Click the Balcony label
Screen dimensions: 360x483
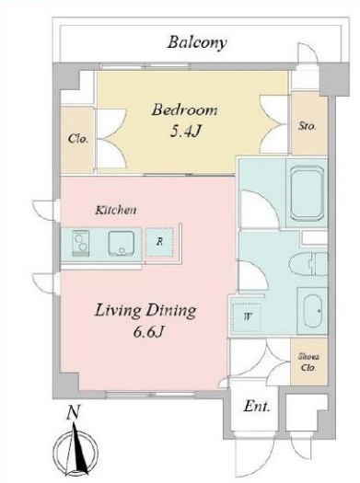tap(197, 43)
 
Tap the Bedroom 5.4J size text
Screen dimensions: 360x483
tap(185, 132)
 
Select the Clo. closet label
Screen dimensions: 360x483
tap(78, 139)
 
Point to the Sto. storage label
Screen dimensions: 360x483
tap(307, 126)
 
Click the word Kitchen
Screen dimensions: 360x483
tap(116, 211)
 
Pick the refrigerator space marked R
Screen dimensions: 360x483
tap(159, 243)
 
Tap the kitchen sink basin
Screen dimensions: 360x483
tap(122, 243)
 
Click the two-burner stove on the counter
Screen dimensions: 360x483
tap(81, 243)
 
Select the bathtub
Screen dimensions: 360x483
tap(307, 193)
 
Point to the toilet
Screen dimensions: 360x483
tap(308, 264)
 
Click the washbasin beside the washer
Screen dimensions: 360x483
tap(312, 311)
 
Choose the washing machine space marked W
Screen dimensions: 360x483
tap(247, 316)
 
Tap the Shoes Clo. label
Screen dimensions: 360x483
tap(308, 362)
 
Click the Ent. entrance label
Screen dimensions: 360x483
tap(257, 407)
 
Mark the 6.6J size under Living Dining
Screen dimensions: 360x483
tap(147, 332)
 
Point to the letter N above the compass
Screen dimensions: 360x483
tap(74, 412)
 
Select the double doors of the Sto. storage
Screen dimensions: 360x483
tap(274, 124)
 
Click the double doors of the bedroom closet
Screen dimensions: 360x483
tap(111, 138)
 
